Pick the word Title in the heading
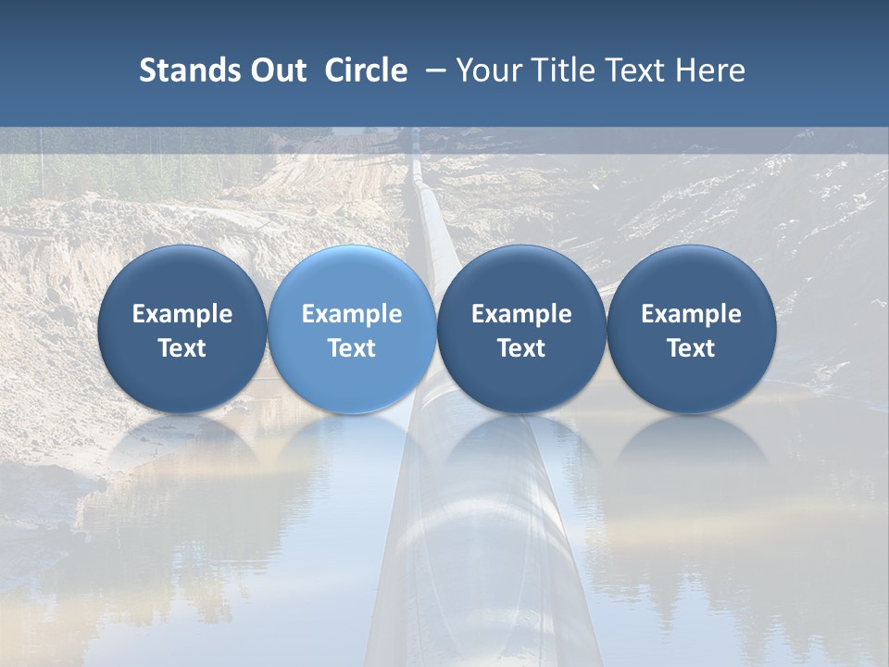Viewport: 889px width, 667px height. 566,70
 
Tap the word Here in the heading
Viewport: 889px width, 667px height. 710,70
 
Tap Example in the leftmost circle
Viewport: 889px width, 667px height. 182,314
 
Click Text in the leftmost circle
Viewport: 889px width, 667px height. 182,348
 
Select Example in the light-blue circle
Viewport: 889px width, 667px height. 352,314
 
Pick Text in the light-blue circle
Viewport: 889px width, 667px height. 352,348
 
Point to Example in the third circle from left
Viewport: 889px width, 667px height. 521,314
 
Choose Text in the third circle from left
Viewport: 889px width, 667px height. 521,348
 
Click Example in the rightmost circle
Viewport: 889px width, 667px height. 691,314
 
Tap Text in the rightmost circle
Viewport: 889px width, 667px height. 691,348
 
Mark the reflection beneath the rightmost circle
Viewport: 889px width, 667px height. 691,445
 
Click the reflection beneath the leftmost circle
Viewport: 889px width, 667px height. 182,445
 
